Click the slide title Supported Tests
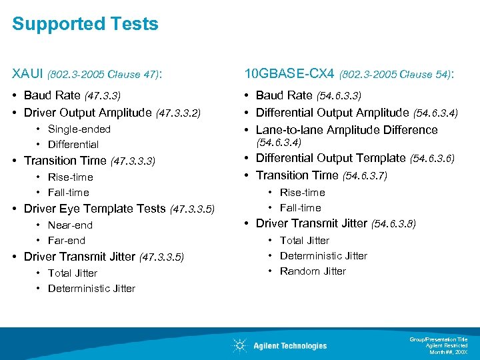tap(85, 25)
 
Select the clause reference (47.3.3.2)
tap(178, 113)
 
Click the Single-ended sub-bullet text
tap(79, 129)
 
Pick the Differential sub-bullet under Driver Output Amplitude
tap(73, 145)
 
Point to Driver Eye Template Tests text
tap(95, 209)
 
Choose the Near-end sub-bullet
tap(70, 225)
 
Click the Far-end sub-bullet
tap(67, 241)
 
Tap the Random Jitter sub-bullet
tap(313, 271)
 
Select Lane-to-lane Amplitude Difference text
tap(347, 130)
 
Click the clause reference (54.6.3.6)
tap(433, 159)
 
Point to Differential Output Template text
tap(331, 158)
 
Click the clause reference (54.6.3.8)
tap(393, 224)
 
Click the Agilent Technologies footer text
tap(290, 346)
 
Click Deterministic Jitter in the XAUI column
tap(91, 289)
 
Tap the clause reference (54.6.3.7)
tap(365, 176)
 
